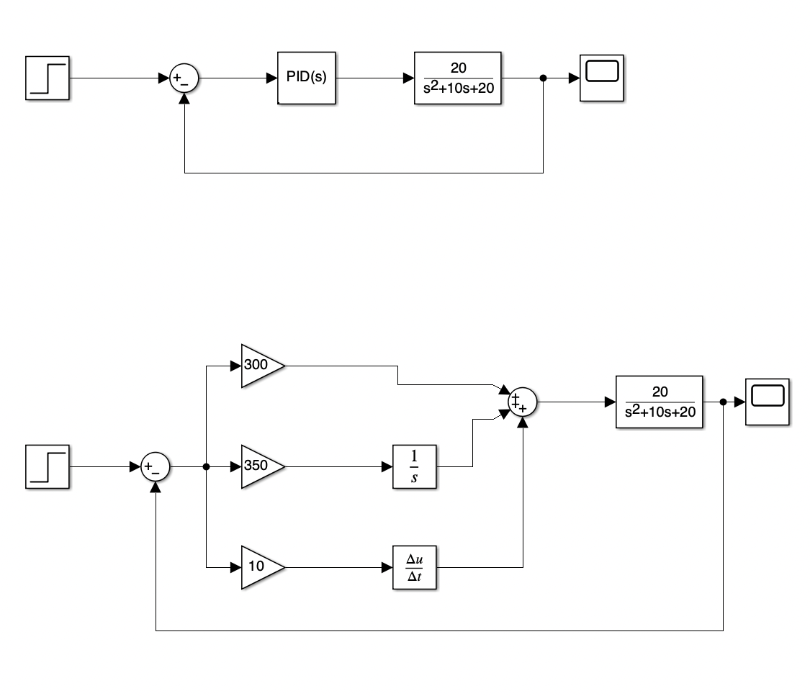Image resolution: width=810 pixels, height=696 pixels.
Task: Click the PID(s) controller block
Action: pos(306,78)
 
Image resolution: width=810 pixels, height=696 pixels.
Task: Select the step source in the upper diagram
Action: pos(48,78)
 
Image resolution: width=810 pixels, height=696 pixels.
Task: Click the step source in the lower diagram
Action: pos(48,466)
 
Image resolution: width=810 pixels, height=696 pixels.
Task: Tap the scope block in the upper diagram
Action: pos(602,78)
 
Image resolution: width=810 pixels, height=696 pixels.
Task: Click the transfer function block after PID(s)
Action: pos(457,78)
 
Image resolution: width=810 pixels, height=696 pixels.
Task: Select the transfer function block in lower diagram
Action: pos(659,402)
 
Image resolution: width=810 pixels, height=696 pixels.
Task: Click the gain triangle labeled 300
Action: pos(259,365)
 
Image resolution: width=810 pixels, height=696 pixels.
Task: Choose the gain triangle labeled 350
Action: pos(259,466)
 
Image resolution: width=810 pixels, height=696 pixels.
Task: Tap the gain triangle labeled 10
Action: pos(259,566)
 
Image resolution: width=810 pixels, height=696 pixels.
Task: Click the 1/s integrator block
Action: pos(414,466)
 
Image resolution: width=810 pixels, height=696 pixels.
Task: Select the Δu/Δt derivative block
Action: pos(414,567)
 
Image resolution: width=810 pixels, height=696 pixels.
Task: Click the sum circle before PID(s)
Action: pos(184,78)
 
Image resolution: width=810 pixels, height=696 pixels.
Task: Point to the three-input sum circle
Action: pos(522,402)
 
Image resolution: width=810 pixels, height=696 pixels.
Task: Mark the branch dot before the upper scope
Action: pos(543,78)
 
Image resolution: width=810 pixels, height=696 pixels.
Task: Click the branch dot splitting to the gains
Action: pos(207,467)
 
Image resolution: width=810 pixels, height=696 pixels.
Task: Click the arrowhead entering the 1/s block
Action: pos(387,466)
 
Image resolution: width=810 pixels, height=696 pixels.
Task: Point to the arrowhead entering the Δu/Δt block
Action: pos(387,567)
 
